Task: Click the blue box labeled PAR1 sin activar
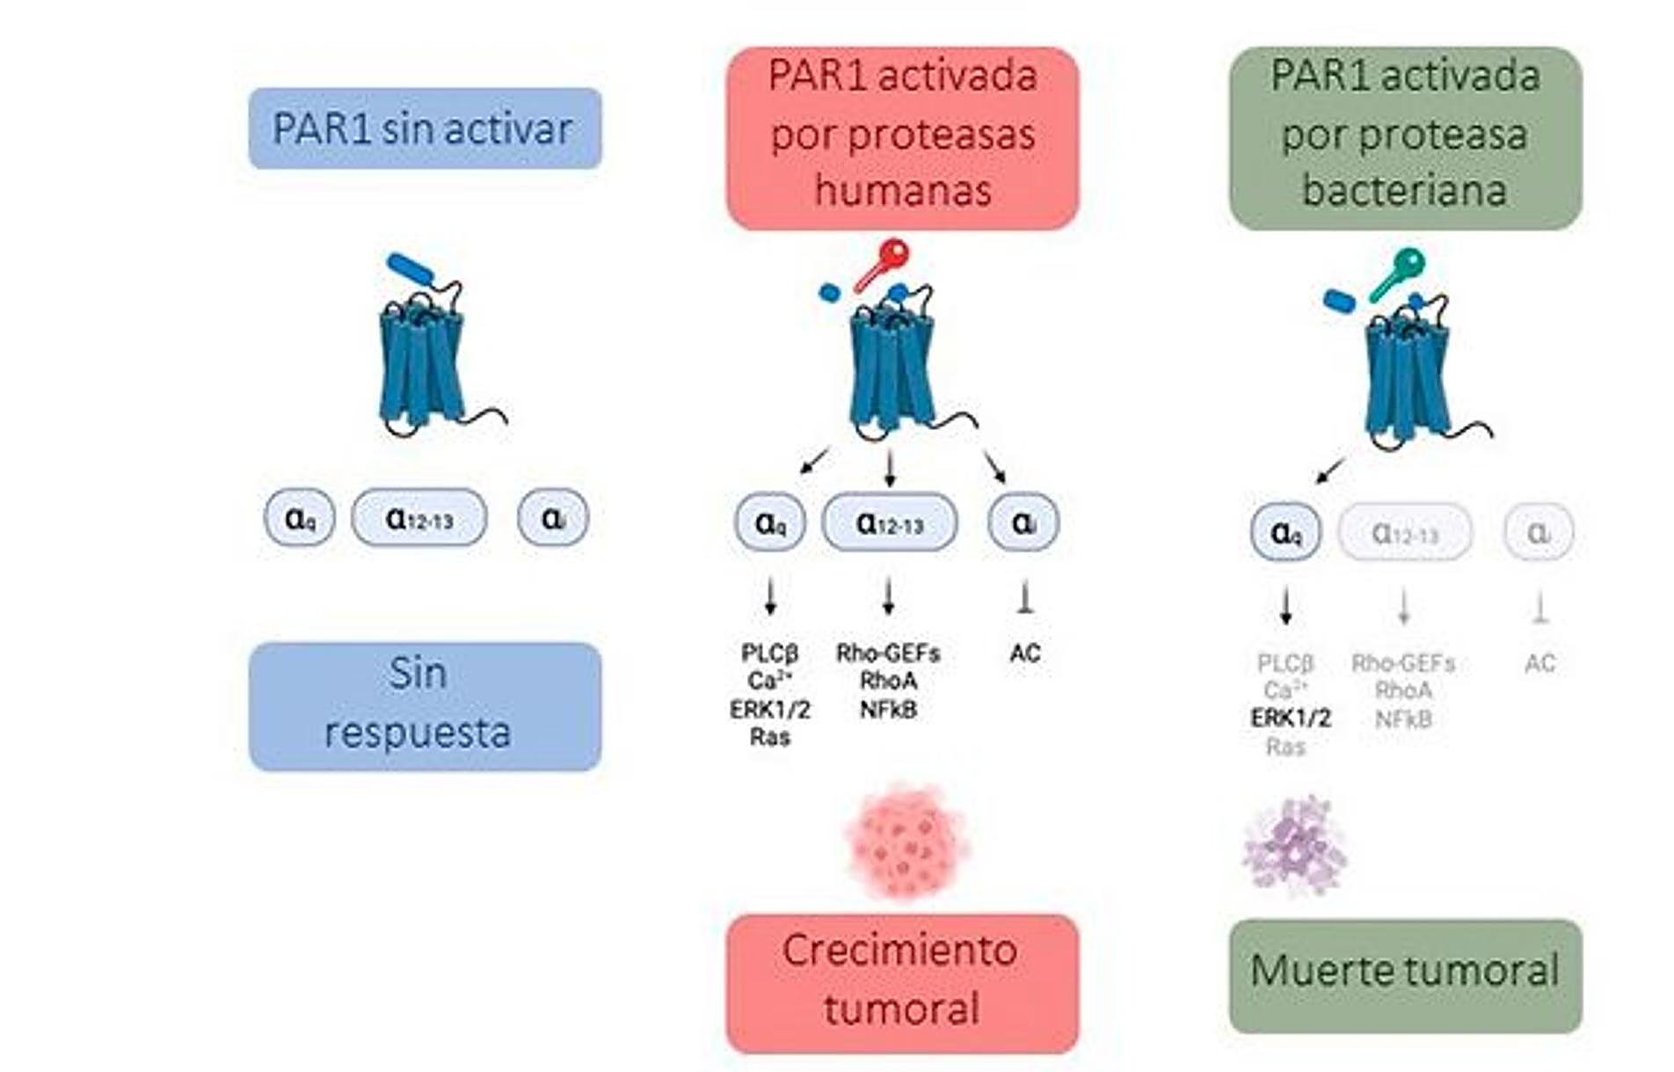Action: pyautogui.click(x=425, y=128)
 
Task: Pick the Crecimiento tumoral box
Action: pyautogui.click(x=902, y=983)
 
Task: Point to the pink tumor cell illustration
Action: pyautogui.click(x=906, y=840)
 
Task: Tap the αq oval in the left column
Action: pyautogui.click(x=299, y=518)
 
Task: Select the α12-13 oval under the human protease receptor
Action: pyautogui.click(x=889, y=523)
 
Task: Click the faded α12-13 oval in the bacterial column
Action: pyautogui.click(x=1404, y=532)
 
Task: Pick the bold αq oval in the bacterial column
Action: pyautogui.click(x=1285, y=532)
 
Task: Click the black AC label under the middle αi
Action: pyautogui.click(x=1025, y=653)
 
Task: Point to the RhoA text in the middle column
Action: pyautogui.click(x=888, y=681)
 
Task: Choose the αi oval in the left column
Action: pyautogui.click(x=552, y=518)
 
